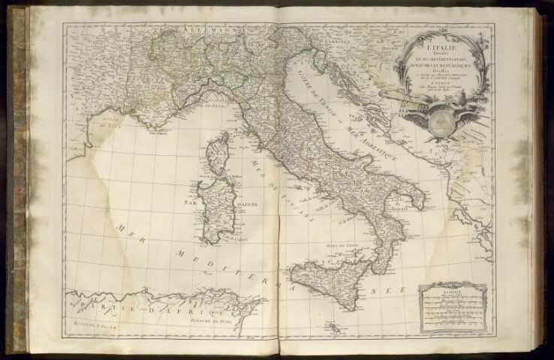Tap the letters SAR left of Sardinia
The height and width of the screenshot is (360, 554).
pos(185,202)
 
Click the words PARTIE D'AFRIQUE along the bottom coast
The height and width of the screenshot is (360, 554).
pos(143,309)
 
